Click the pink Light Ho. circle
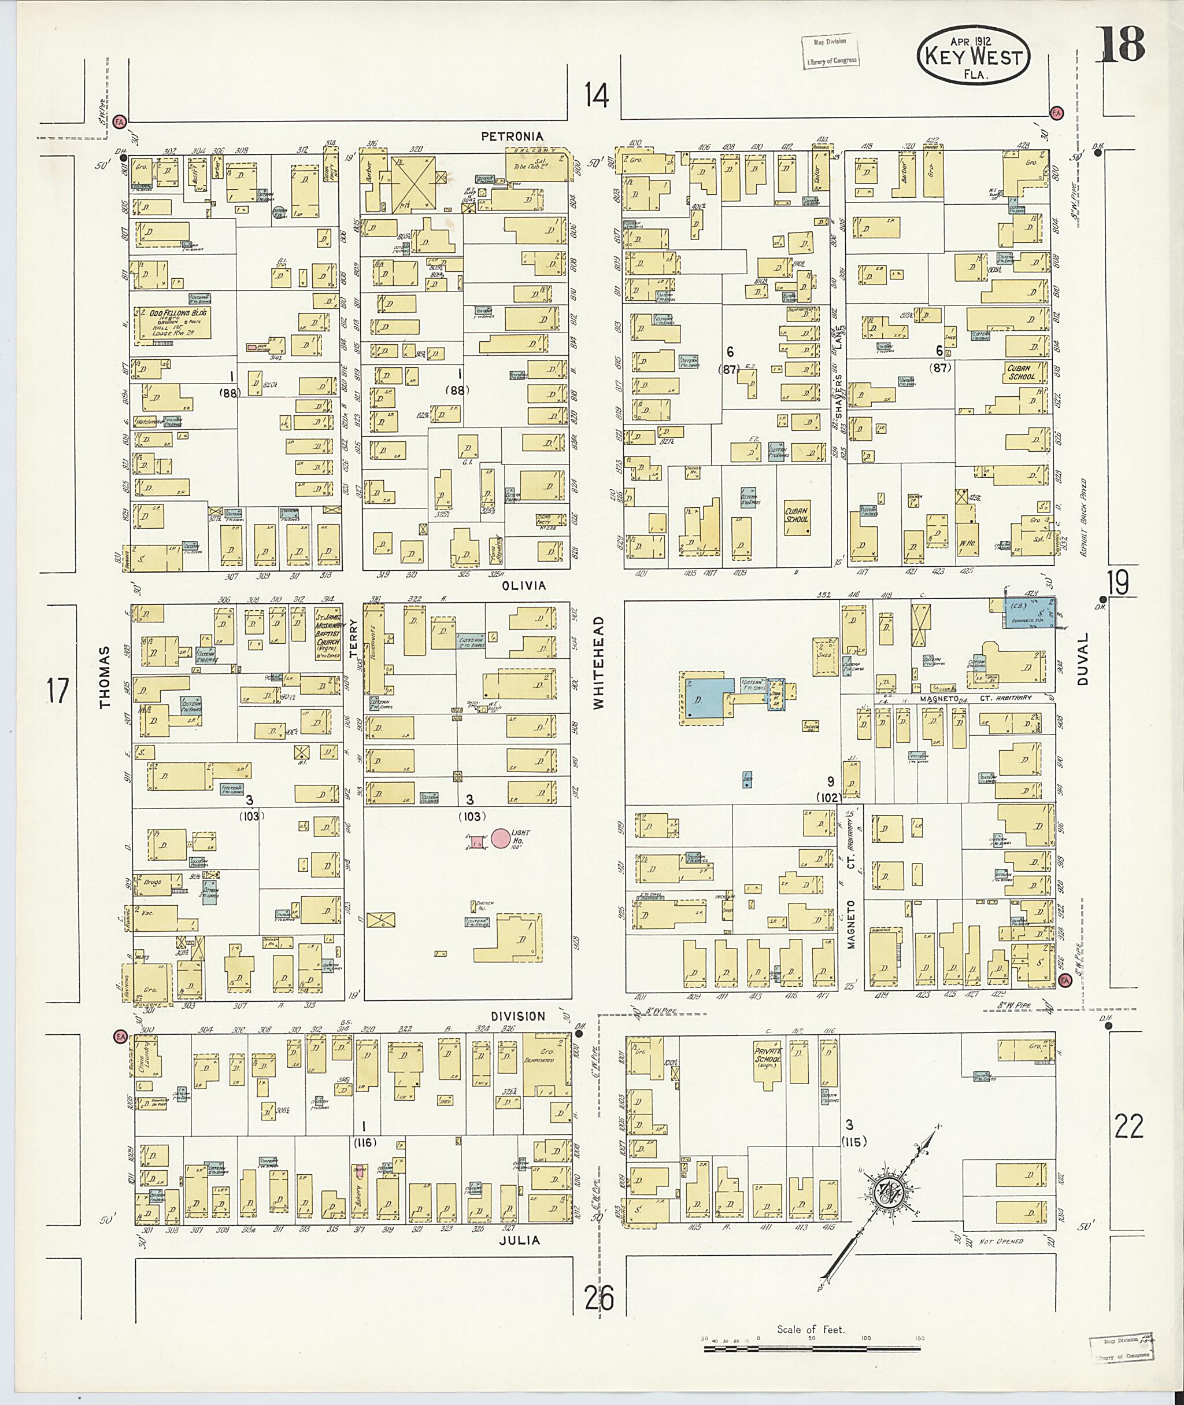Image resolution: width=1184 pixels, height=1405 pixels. point(500,838)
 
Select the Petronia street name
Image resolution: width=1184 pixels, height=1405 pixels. point(512,137)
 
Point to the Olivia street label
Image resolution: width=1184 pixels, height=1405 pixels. point(523,585)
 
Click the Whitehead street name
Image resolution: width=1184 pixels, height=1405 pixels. point(599,662)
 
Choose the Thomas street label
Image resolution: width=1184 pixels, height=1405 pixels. point(104,678)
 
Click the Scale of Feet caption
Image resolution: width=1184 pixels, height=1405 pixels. point(811,1329)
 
